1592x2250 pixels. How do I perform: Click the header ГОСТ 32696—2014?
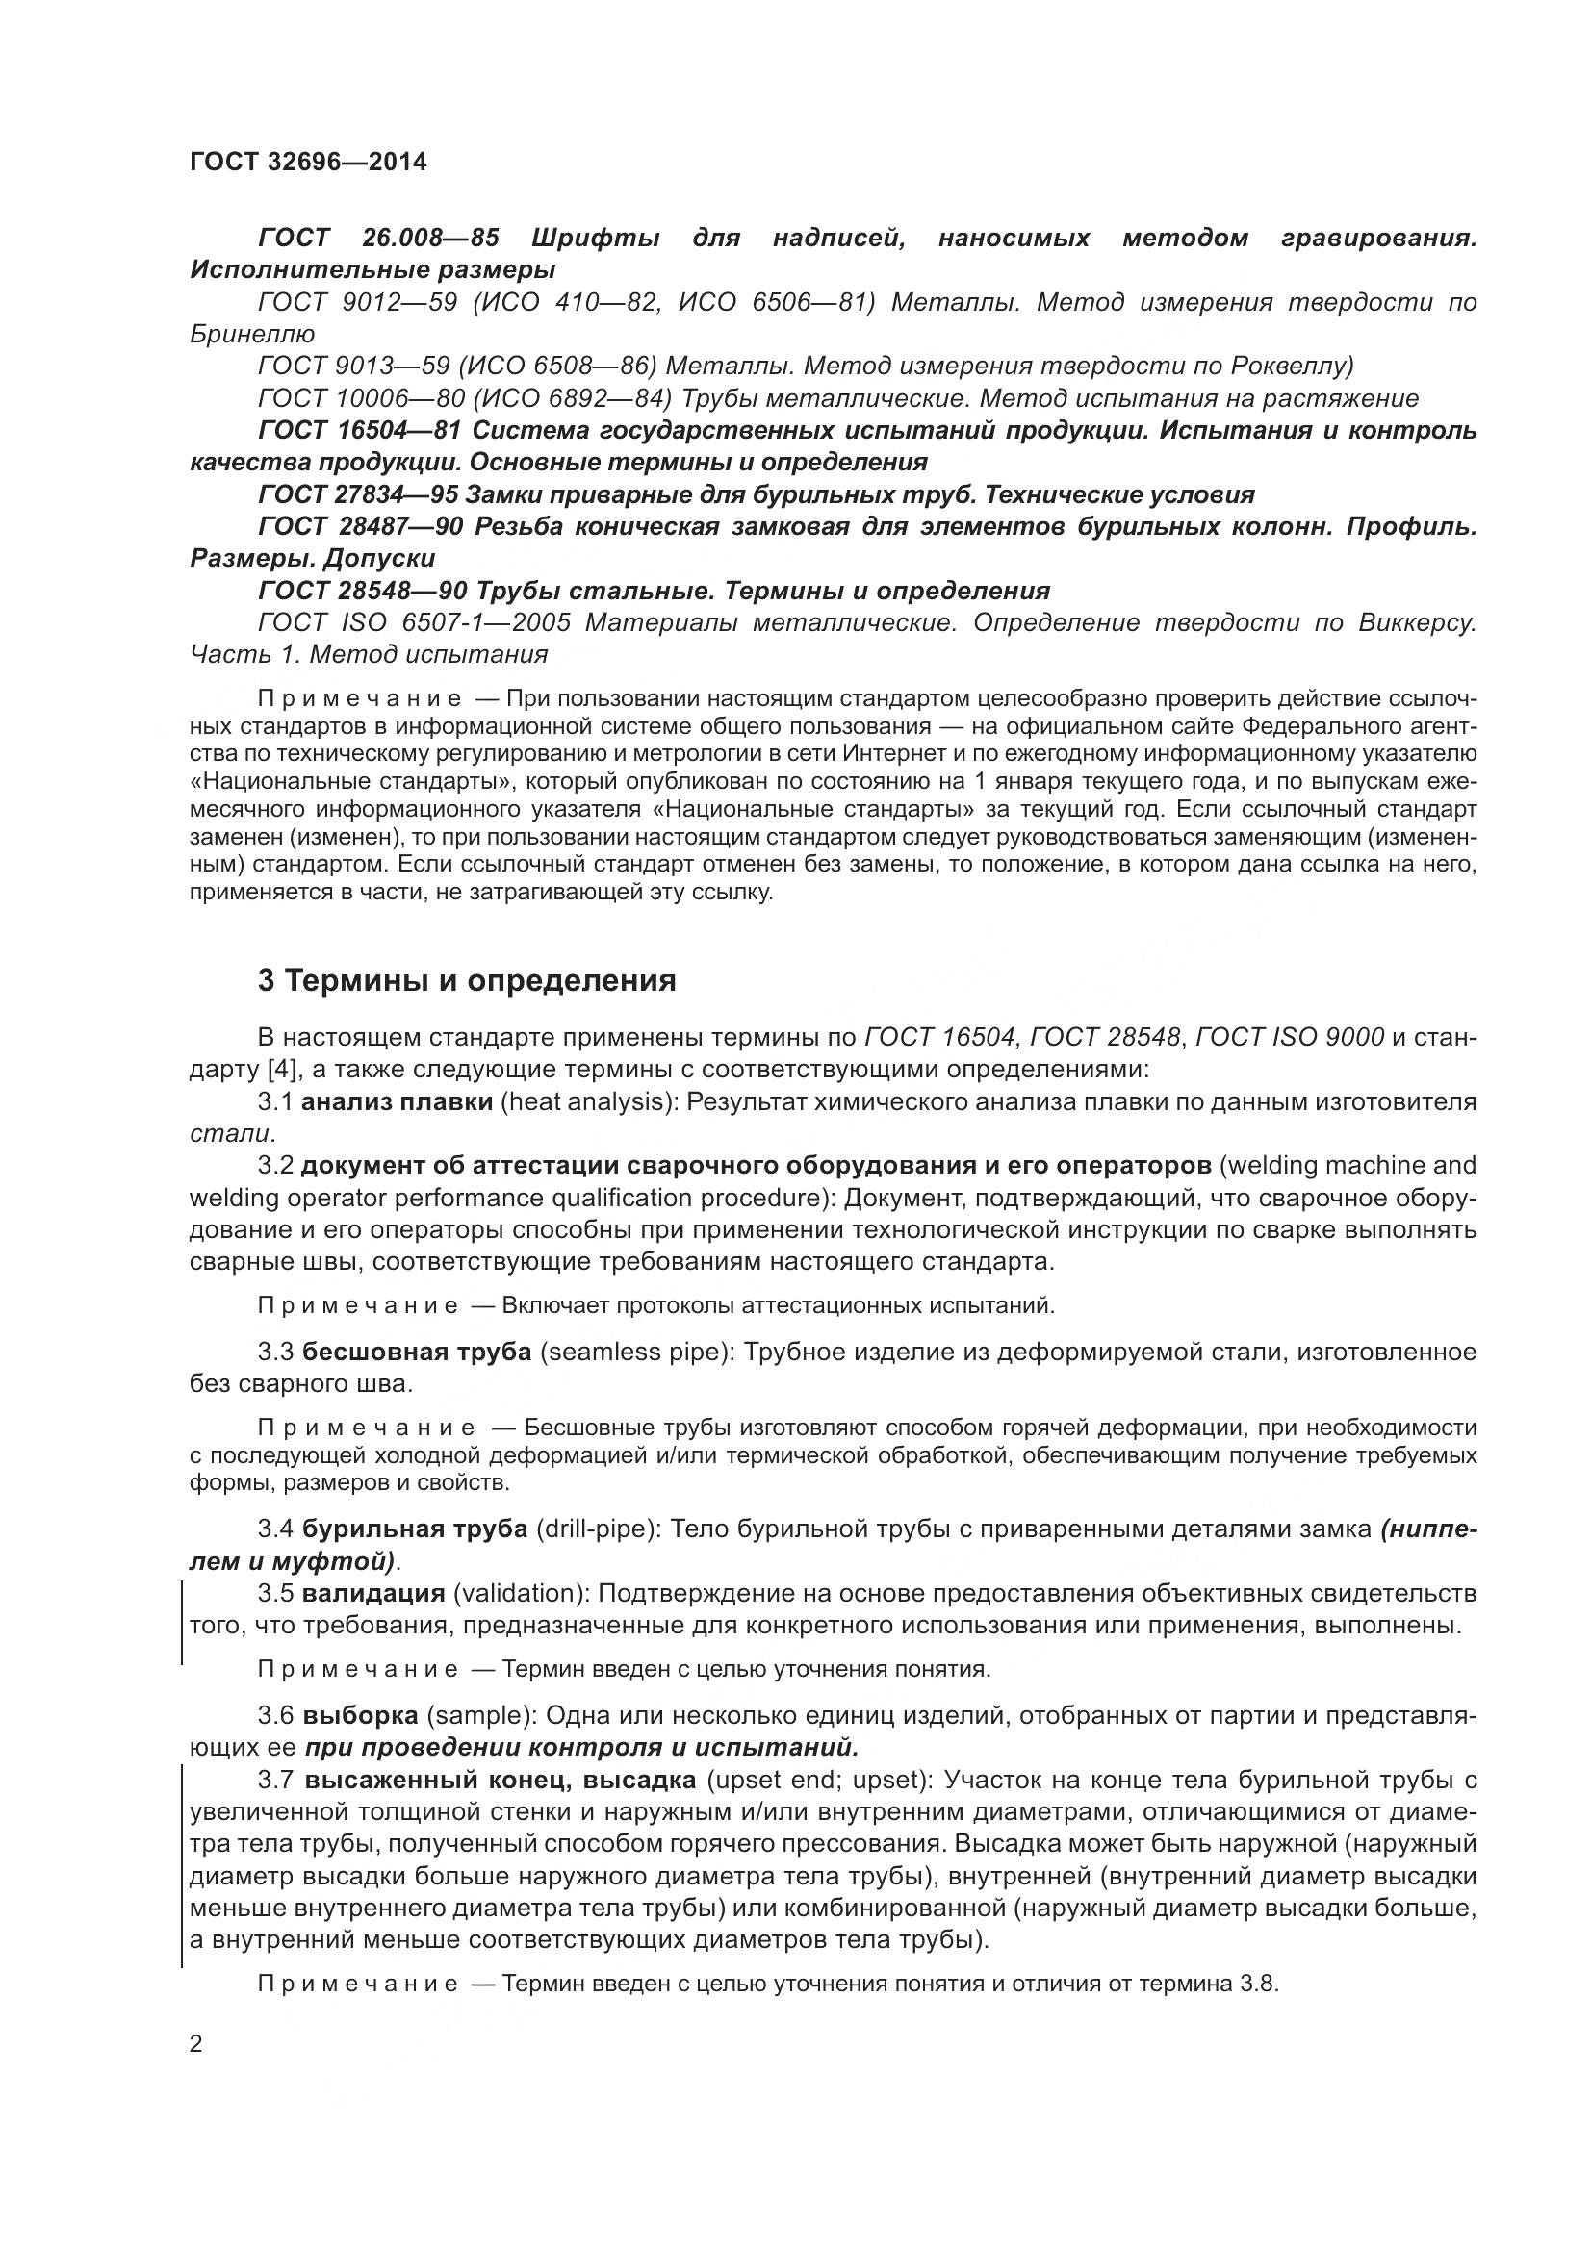[x=308, y=163]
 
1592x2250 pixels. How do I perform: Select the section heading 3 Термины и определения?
[x=467, y=981]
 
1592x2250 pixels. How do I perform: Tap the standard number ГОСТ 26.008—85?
[x=378, y=239]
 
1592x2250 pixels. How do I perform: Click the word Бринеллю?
[x=252, y=334]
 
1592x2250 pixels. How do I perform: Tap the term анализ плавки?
[x=396, y=1101]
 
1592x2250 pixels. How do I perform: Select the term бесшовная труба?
[x=417, y=1352]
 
